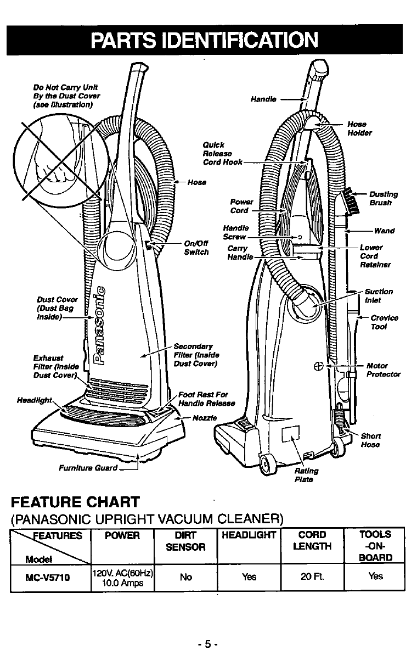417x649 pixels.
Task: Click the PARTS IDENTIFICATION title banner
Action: click(208, 40)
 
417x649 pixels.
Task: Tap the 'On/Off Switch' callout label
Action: click(196, 248)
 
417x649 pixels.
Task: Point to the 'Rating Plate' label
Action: click(306, 475)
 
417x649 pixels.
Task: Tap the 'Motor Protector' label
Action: click(382, 370)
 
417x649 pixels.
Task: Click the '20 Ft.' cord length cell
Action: click(311, 577)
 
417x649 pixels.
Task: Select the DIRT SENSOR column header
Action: click(186, 541)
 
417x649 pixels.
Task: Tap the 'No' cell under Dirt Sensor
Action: click(186, 577)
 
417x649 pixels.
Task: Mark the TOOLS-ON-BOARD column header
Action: click(375, 546)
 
